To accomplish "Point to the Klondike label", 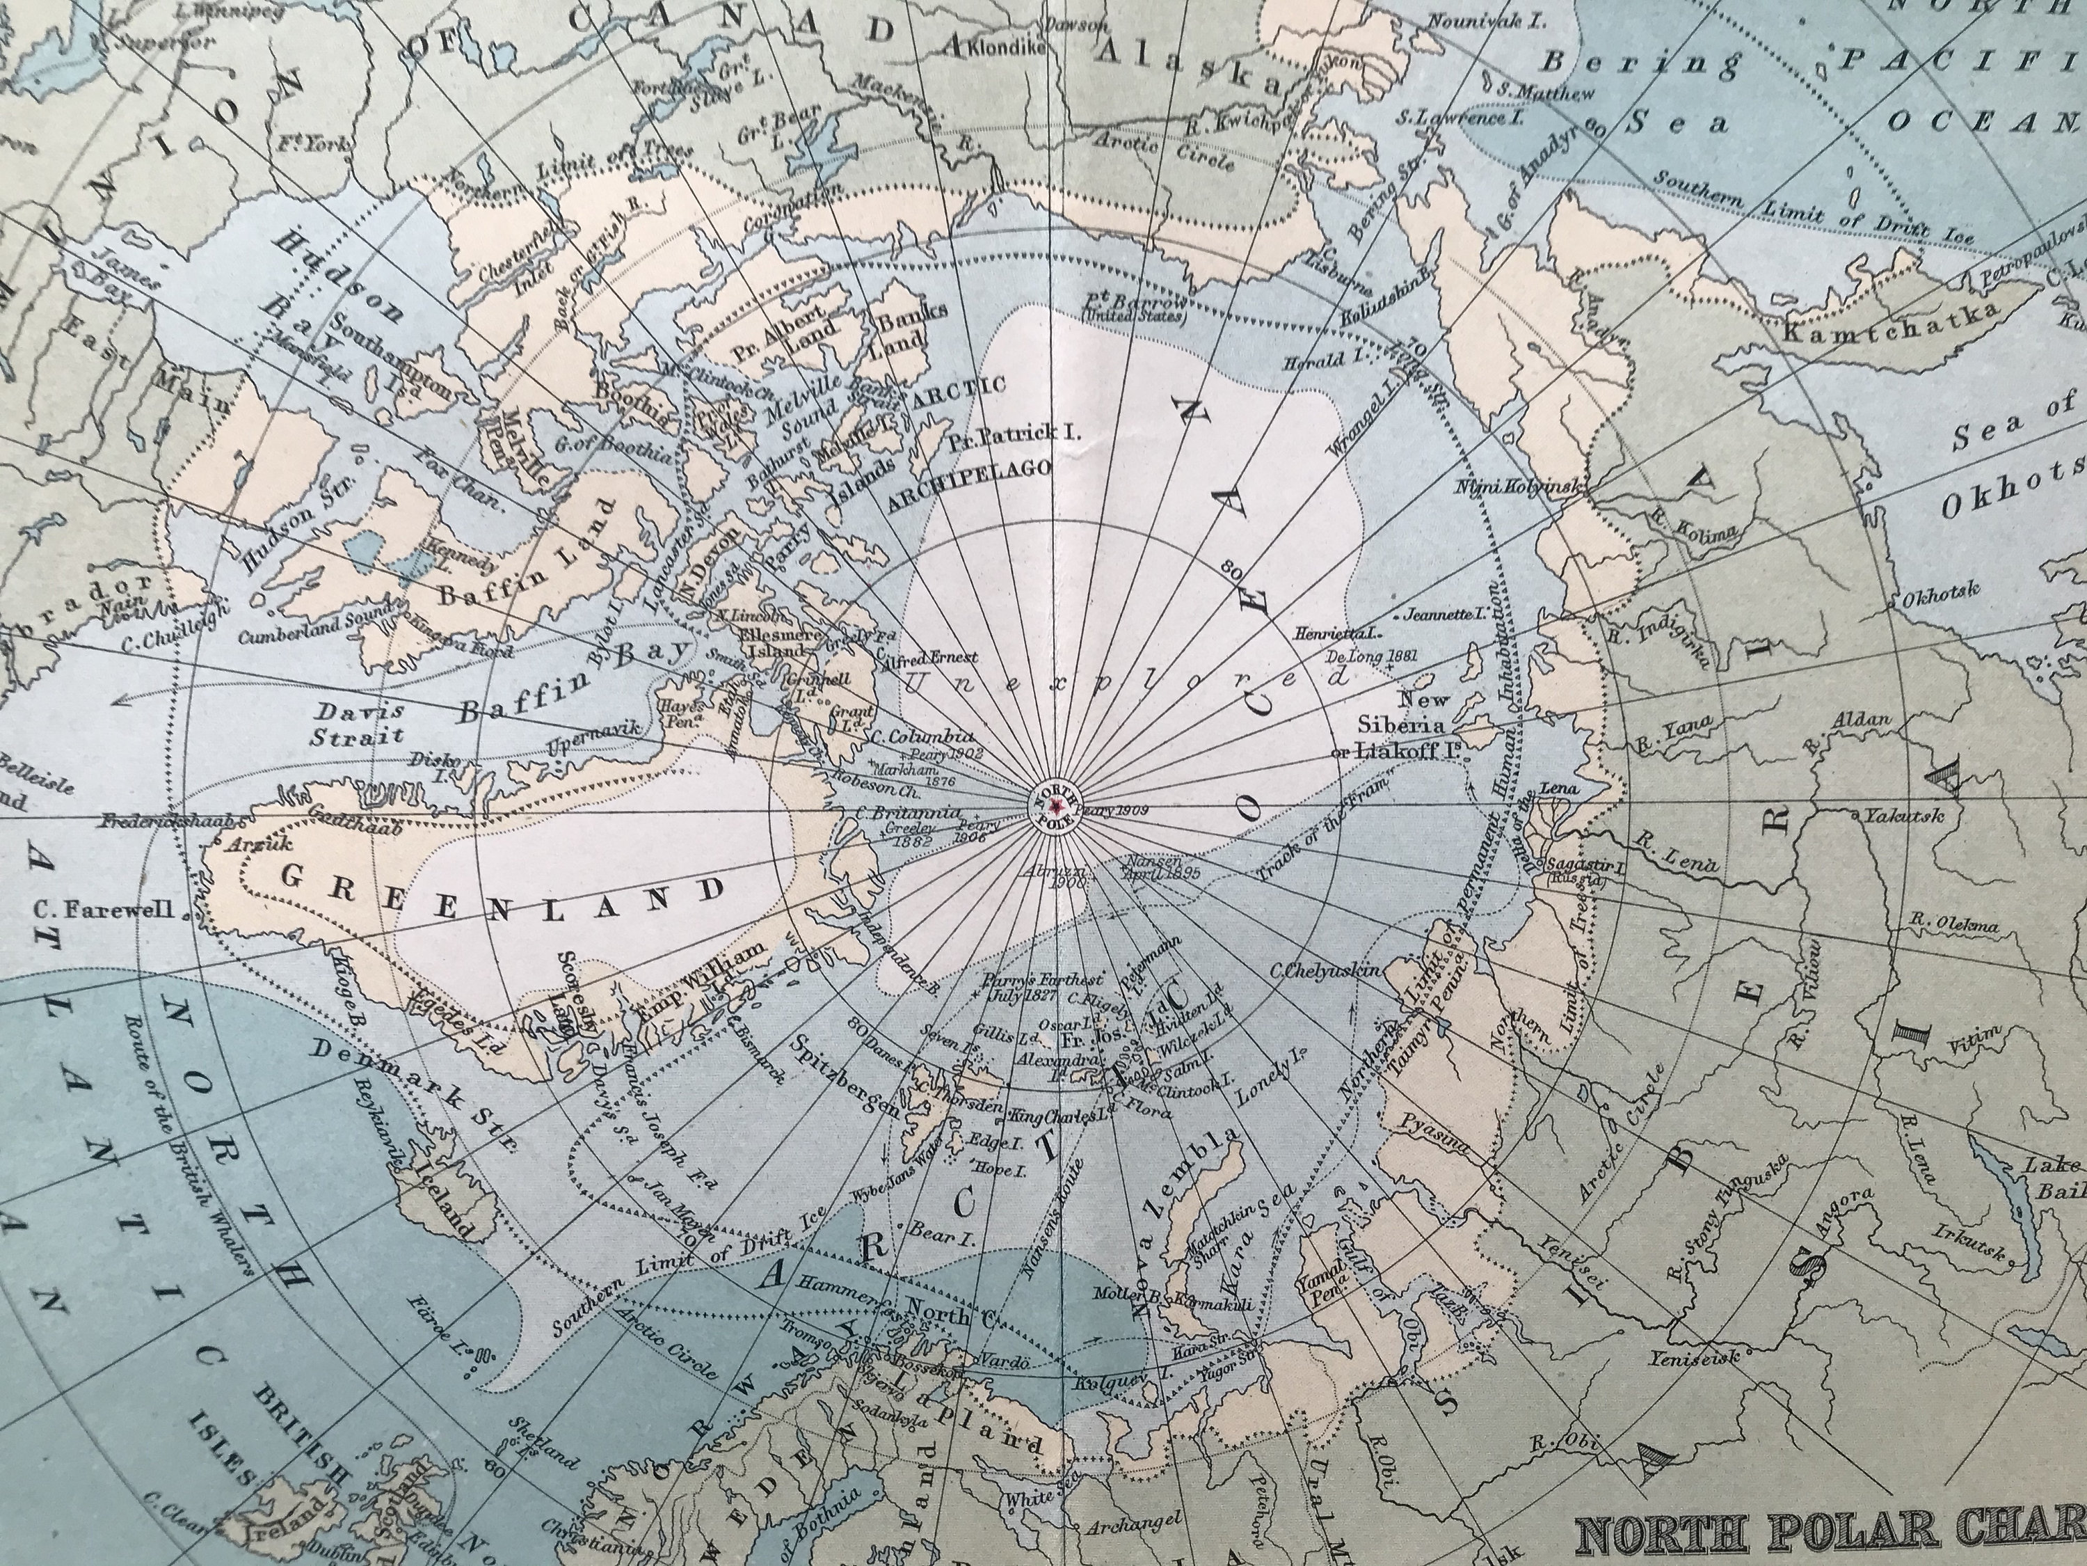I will point(1009,45).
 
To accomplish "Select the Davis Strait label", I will point(360,722).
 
